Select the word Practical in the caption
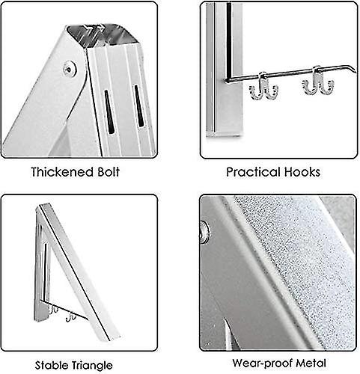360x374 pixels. [251, 172]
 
